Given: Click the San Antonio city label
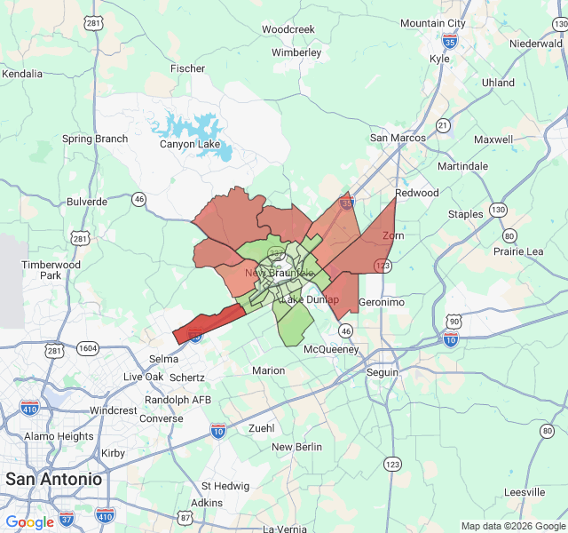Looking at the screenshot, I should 53,479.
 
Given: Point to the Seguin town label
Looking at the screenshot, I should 383,372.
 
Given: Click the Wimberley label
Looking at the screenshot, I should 296,52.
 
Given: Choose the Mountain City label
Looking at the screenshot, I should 432,23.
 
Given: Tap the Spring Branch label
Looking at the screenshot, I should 95,139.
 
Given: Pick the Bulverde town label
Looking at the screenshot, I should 87,202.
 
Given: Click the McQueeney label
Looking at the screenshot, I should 331,350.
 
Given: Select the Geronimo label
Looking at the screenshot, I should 382,302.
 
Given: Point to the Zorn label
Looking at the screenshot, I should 392,236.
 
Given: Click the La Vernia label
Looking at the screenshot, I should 284,529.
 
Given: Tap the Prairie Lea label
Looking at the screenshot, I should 518,251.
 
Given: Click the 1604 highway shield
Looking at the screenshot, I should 88,348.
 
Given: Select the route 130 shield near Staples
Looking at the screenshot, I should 498,210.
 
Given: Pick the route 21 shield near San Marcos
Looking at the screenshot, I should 442,126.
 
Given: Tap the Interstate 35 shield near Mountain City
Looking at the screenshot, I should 450,40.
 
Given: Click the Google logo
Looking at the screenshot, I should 30,522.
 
